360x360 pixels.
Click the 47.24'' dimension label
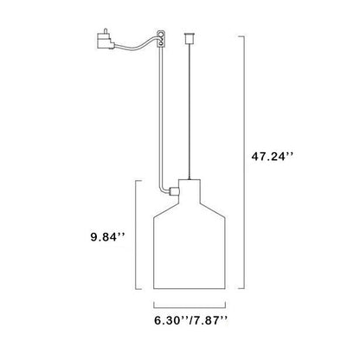(273, 157)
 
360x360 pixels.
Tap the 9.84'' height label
(107, 237)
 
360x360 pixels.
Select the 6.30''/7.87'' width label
(191, 320)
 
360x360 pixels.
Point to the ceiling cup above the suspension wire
(189, 39)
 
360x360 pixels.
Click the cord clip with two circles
(161, 39)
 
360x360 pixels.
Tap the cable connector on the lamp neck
(174, 191)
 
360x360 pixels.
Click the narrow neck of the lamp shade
(190, 190)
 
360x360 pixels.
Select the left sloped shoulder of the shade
(166, 209)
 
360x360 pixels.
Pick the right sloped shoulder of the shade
(213, 209)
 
